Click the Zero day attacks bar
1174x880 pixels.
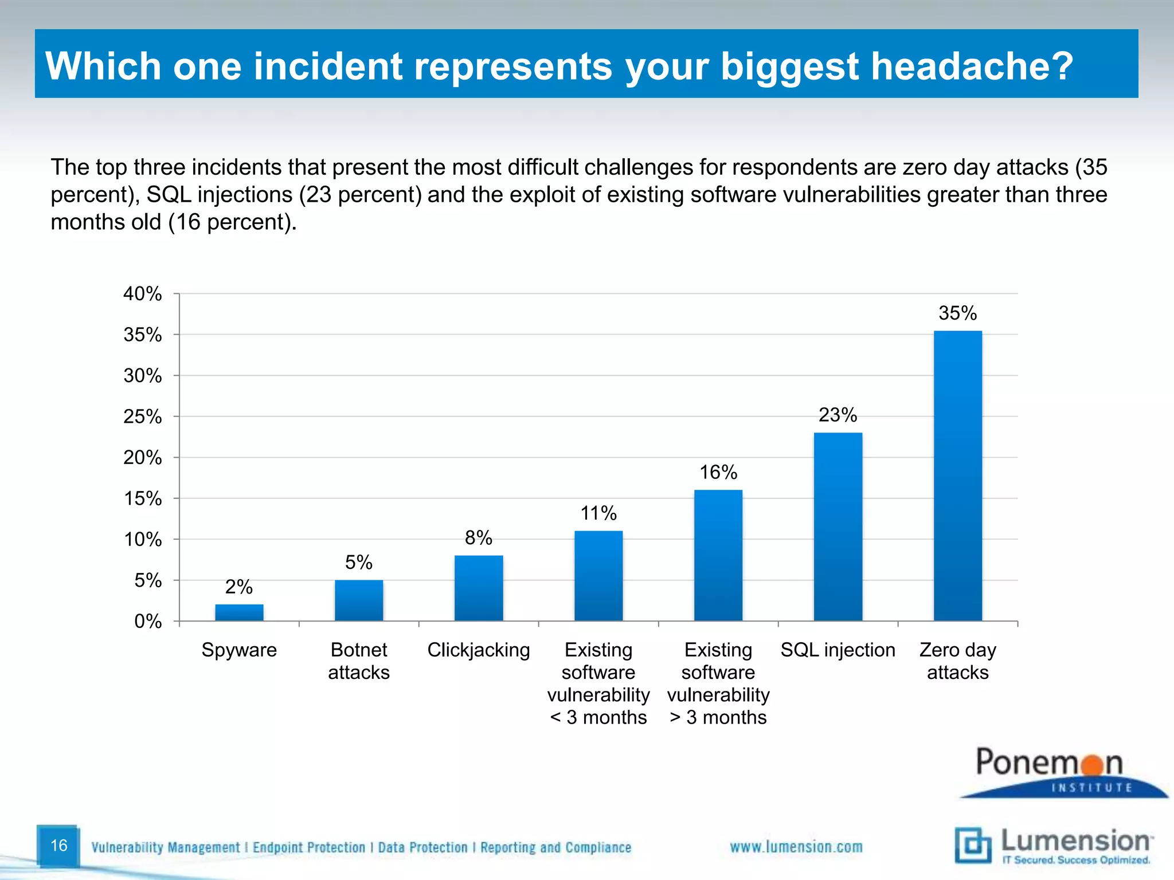coord(957,476)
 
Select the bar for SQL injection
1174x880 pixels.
coord(838,527)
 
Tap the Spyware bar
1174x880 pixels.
coord(239,612)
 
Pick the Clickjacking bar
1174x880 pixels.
coord(479,588)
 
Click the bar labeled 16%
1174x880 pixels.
coord(718,555)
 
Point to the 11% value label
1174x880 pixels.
coord(598,513)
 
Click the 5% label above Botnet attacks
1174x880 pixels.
coord(359,562)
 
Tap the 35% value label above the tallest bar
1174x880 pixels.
coord(957,313)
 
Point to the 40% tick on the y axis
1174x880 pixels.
coord(143,294)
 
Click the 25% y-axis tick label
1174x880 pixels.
coord(143,417)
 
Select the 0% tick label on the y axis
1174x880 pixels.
coord(148,621)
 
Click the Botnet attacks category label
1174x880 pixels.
coord(359,661)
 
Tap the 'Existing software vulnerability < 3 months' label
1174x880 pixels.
coord(598,683)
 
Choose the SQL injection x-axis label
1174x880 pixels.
coord(838,650)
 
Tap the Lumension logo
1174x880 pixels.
coord(1054,845)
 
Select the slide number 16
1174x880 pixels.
coord(58,845)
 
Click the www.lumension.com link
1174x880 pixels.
coord(796,847)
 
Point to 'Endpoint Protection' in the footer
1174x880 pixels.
coord(309,847)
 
